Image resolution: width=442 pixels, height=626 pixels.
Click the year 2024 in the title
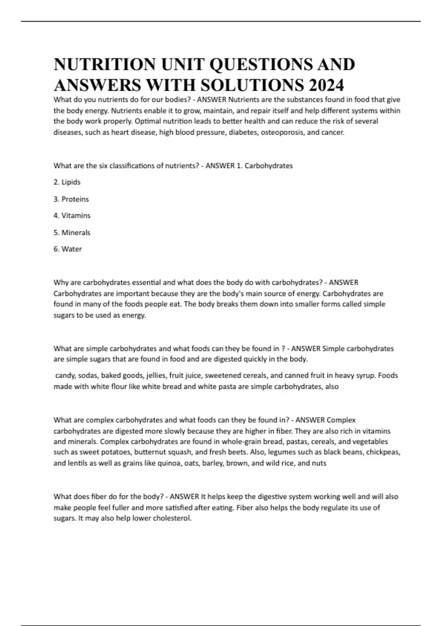pos(326,85)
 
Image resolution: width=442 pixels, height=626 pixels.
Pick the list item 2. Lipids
pos(67,182)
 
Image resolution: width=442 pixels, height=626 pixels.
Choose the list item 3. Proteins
pos(71,199)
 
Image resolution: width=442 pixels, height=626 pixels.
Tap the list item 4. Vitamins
pos(72,215)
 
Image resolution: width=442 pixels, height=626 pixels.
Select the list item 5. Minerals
pos(72,233)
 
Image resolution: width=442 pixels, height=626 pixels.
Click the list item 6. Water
pos(68,249)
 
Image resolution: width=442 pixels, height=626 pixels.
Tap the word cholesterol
pos(172,518)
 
